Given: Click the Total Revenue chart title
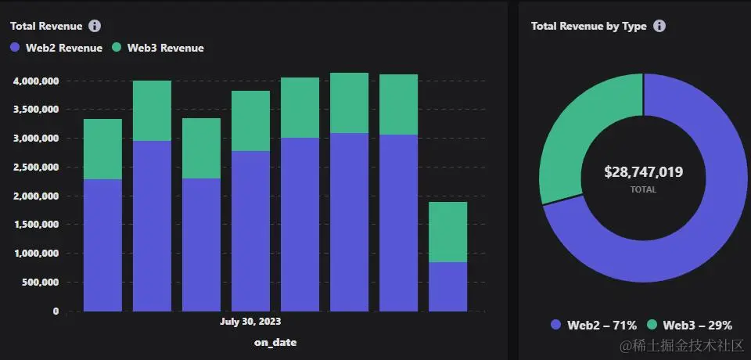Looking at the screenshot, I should (x=46, y=26).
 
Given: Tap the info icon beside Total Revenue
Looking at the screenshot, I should (x=95, y=26).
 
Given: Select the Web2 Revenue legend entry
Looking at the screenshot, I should (x=56, y=48).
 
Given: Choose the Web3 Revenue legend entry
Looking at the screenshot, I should (x=158, y=48).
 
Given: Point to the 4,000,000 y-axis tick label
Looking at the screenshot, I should (x=36, y=81).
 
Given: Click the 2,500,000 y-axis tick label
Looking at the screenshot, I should (x=36, y=167).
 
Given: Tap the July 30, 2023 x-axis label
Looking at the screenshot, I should (x=250, y=322).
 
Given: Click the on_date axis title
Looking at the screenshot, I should (x=275, y=342).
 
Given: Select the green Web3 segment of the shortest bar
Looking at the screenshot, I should (x=447, y=232).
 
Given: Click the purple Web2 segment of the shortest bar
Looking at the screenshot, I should (x=447, y=286).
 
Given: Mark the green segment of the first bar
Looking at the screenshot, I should (x=102, y=149).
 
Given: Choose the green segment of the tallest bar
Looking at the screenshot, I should (x=349, y=103).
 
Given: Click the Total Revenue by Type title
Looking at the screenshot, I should (x=588, y=26).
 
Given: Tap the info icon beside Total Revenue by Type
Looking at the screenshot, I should (x=659, y=26).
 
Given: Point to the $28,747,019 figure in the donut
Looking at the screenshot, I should (x=644, y=172).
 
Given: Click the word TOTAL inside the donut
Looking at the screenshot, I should (x=644, y=189).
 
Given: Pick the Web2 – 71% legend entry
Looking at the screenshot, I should (x=594, y=325).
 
